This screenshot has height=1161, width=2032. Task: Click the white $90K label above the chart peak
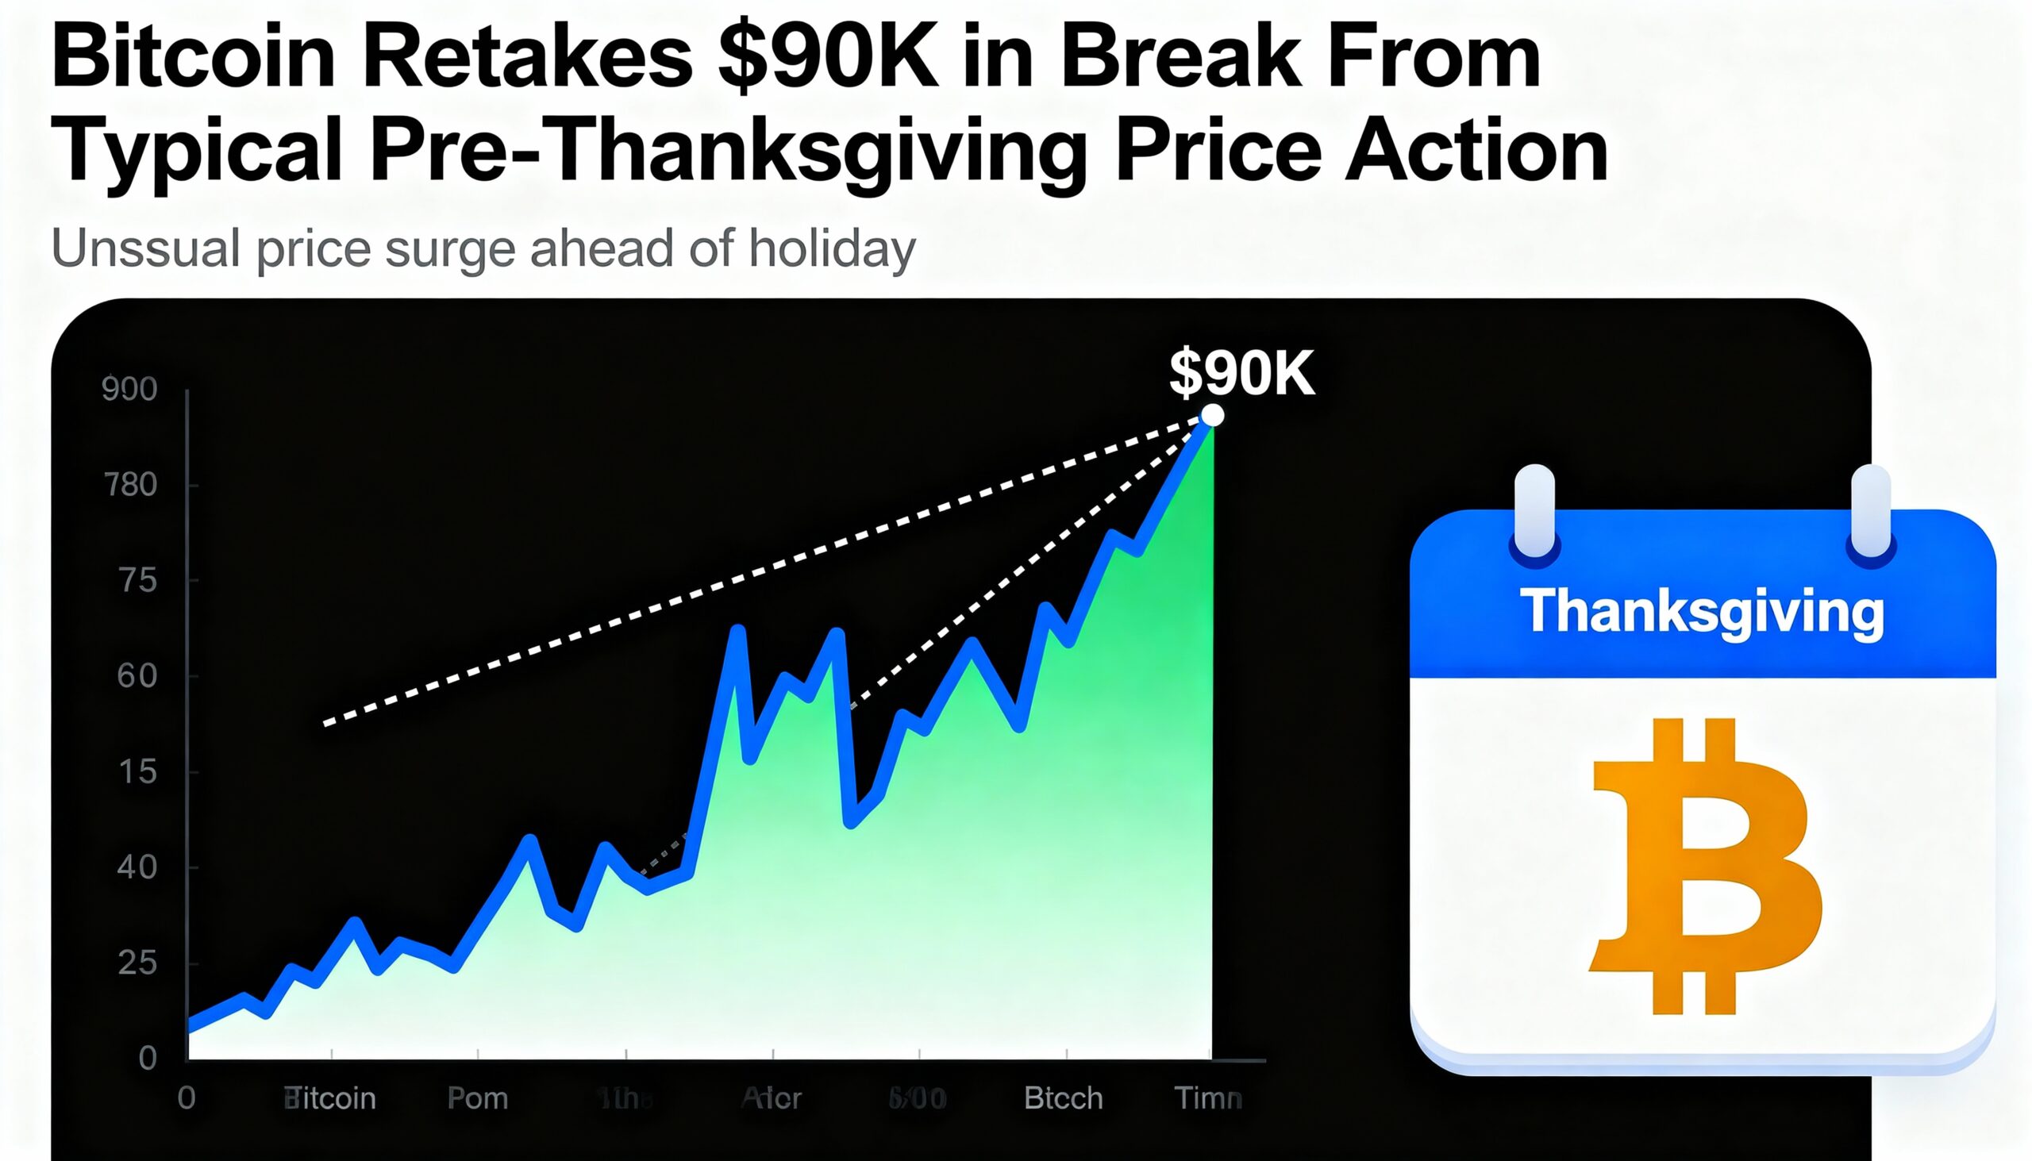pos(1241,372)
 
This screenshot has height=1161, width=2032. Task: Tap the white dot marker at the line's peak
pos(1212,416)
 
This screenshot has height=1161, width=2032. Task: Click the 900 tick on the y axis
pos(129,389)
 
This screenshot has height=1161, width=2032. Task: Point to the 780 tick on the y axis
pos(130,485)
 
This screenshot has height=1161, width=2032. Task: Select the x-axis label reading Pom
pos(478,1099)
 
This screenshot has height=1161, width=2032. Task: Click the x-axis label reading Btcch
pos(1063,1099)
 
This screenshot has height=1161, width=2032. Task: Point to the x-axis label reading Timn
pos(1207,1099)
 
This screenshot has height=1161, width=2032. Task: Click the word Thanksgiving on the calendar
pos(1702,613)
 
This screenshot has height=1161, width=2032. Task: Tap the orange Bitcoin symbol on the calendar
pos(1703,866)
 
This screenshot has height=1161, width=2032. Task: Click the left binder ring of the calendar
pos(1534,512)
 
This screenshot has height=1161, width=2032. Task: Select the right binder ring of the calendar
pos(1870,512)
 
